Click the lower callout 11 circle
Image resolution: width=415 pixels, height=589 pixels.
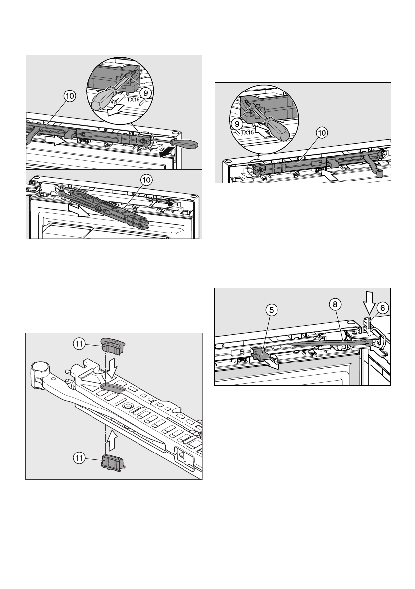(79, 458)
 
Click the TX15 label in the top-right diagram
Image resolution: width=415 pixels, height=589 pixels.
(248, 133)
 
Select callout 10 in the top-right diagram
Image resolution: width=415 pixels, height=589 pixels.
(322, 133)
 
